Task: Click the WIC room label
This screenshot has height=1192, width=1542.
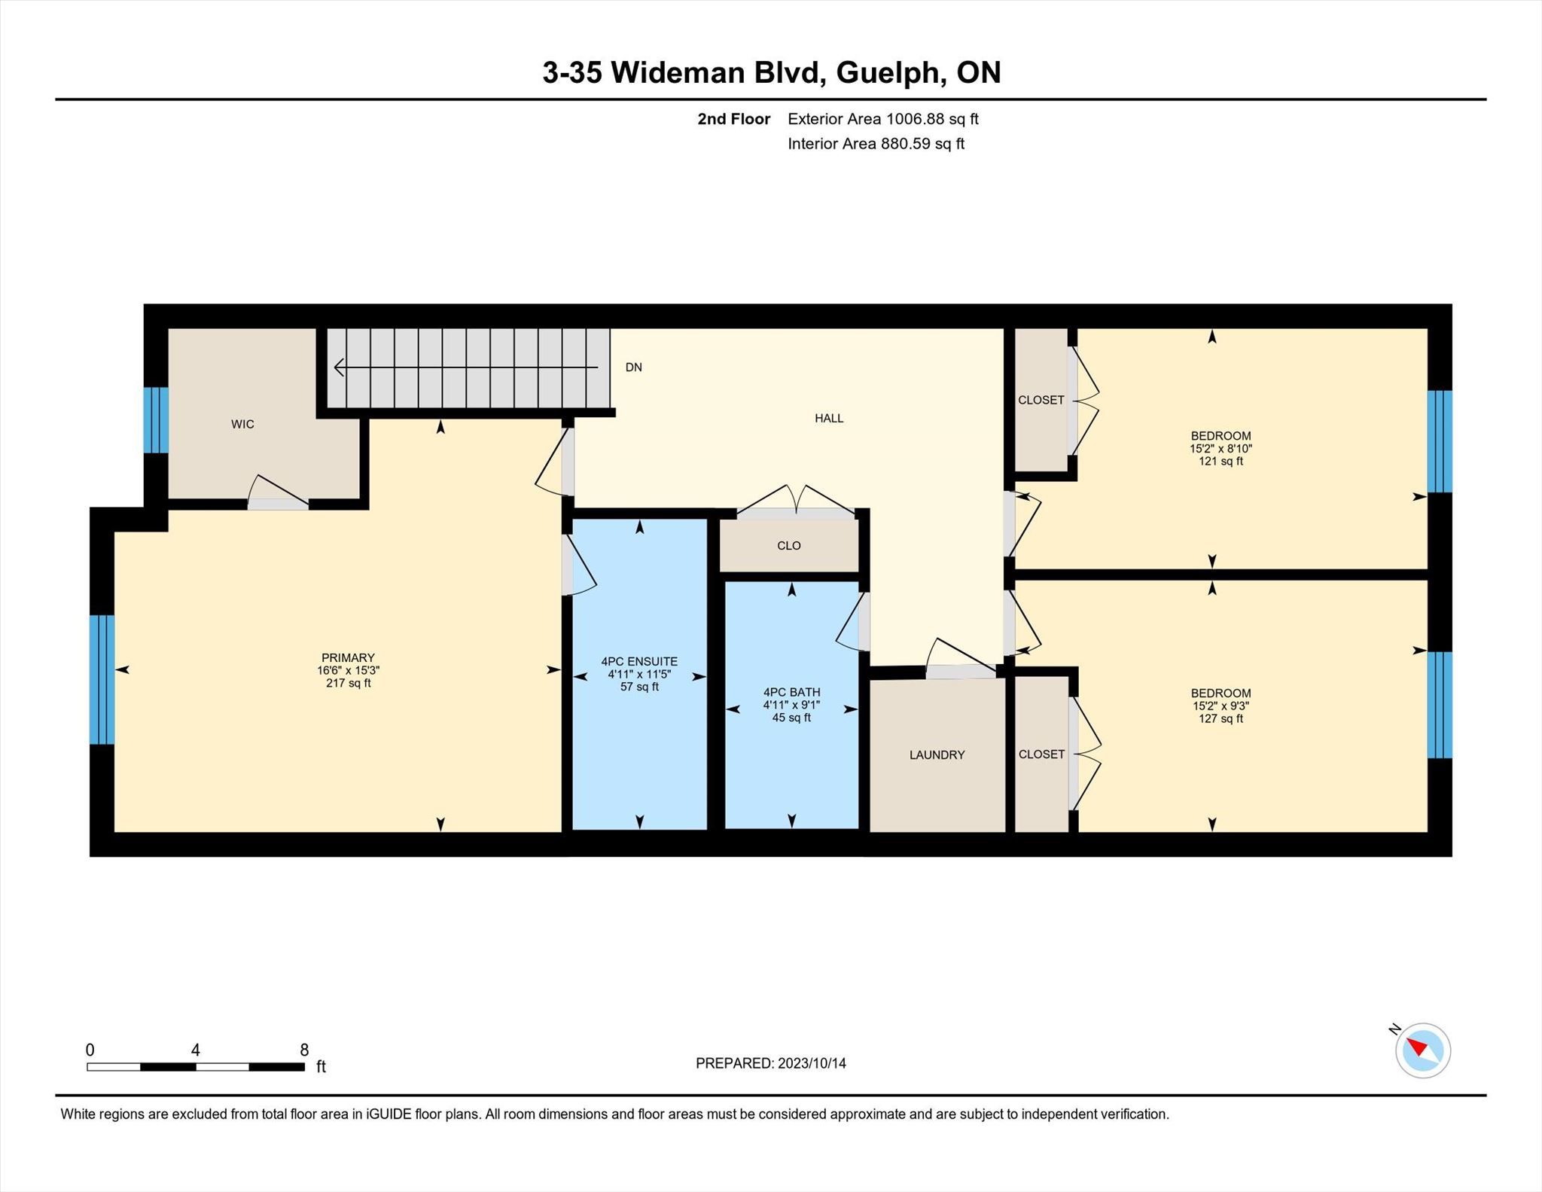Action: (x=242, y=425)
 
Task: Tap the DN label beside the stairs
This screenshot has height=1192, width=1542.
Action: (x=634, y=367)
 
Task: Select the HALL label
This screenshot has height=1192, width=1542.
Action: (x=829, y=419)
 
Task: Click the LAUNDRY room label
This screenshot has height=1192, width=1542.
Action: (x=937, y=755)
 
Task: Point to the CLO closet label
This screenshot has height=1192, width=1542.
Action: (x=789, y=546)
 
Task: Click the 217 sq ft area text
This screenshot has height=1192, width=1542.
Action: (x=348, y=684)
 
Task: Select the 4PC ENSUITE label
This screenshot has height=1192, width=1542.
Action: (x=639, y=662)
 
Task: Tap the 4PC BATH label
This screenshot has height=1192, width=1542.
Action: (x=791, y=693)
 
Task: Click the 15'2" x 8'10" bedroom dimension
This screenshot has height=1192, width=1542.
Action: (x=1220, y=449)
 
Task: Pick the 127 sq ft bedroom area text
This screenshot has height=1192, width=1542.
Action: (x=1220, y=719)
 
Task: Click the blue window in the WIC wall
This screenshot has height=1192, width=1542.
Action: (x=156, y=420)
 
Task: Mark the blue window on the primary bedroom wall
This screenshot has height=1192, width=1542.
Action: (x=102, y=680)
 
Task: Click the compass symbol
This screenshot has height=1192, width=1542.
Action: (x=1422, y=1050)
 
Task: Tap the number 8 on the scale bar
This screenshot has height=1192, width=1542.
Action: (x=304, y=1050)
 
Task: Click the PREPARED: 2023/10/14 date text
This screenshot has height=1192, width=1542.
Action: (x=771, y=1063)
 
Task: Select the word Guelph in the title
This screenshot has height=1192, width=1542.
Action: (x=890, y=73)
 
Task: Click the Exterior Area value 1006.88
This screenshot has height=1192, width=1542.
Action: (x=915, y=119)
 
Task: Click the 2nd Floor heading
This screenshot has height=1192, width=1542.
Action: (x=734, y=119)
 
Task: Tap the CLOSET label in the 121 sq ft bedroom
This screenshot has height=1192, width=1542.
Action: (x=1041, y=401)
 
